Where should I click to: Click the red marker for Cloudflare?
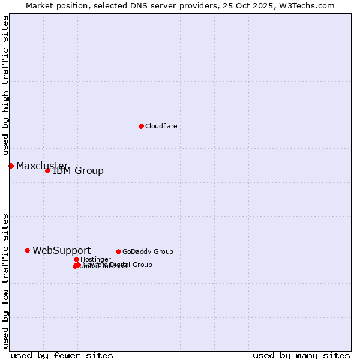(x=141, y=126)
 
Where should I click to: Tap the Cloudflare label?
(x=161, y=127)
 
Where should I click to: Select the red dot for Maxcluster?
(x=11, y=166)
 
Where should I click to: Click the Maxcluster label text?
(x=42, y=166)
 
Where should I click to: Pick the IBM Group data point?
(x=47, y=170)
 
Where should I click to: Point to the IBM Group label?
(x=78, y=171)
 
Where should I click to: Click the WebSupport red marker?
(x=27, y=250)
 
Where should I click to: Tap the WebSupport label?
(x=61, y=251)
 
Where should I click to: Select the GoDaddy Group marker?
(x=118, y=251)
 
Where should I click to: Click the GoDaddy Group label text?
(x=148, y=252)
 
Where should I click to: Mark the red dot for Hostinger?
(x=76, y=259)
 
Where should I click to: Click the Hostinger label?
(x=95, y=260)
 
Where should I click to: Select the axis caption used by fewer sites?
(x=62, y=355)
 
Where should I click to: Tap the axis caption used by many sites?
(x=301, y=355)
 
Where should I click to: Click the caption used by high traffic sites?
(x=5, y=86)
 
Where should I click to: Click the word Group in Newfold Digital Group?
(x=141, y=265)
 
